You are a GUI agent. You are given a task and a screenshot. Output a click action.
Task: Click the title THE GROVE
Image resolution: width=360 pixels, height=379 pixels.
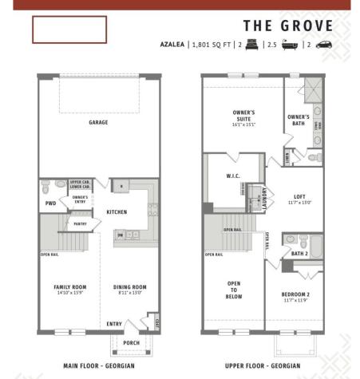coord(288,26)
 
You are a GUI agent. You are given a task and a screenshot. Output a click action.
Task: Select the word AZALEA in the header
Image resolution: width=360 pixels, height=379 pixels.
coord(172,45)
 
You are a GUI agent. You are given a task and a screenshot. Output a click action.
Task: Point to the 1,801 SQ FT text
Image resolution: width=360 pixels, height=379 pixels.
coord(210,45)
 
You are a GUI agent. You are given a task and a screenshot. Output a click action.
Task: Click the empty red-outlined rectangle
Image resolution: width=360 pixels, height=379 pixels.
coord(69,30)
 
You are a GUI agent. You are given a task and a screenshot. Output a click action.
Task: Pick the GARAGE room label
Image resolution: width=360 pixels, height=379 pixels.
coord(99,122)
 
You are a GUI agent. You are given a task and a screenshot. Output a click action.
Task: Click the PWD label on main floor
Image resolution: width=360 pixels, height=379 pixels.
coord(50,203)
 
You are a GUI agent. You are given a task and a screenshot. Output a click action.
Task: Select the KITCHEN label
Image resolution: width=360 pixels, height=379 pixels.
coord(117,212)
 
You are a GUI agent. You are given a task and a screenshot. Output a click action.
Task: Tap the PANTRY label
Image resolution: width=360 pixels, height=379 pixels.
coord(81,224)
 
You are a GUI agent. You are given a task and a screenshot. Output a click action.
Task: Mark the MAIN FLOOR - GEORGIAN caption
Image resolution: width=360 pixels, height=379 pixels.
coord(97,366)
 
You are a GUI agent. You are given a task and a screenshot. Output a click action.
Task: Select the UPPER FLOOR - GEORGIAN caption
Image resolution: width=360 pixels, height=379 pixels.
coord(263,366)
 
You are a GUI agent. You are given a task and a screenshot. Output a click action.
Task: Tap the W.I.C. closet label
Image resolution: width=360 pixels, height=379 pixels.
coord(233,176)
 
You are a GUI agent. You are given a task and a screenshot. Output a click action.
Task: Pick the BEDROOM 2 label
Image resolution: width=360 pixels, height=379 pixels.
coord(294,297)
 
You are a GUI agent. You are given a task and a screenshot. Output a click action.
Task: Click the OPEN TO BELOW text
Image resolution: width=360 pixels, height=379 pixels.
coord(234,290)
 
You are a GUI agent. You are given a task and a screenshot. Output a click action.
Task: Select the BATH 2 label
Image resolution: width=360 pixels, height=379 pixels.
coord(299,253)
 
